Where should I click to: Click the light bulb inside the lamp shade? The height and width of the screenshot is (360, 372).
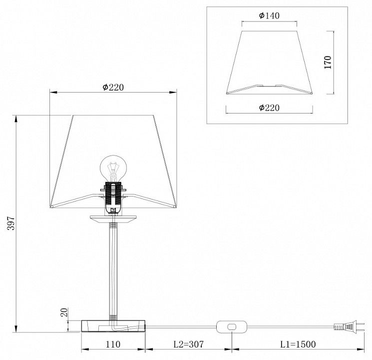113,168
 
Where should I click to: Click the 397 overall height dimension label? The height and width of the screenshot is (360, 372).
11,223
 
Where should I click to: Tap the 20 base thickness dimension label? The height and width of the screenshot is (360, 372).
64,312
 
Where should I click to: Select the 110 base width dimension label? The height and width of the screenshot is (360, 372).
113,344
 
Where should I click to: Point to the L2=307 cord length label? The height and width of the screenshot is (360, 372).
189,344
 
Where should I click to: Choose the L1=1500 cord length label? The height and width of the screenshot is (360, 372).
298,344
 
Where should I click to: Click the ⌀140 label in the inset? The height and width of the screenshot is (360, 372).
269,15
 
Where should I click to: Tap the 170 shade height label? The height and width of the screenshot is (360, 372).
328,62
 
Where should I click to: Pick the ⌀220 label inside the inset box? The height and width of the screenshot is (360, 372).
269,107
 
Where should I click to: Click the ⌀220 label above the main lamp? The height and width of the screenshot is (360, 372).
113,87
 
